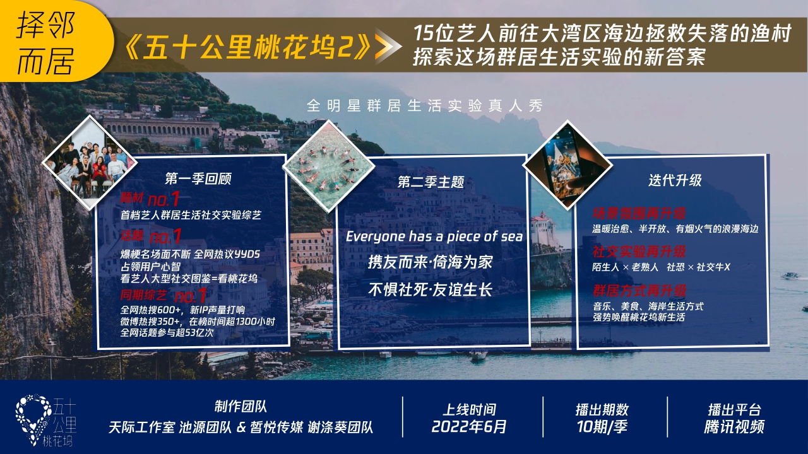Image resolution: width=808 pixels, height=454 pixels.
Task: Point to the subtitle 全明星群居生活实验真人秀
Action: click(424, 105)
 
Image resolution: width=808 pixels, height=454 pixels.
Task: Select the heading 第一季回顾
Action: click(198, 178)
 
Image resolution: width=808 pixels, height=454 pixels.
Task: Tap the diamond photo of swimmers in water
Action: click(324, 166)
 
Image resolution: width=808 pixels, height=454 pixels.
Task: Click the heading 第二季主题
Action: click(431, 182)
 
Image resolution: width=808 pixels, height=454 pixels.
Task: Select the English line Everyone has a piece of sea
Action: click(434, 236)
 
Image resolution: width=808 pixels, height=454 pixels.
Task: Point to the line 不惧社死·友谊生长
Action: click(430, 290)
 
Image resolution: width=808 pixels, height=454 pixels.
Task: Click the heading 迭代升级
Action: click(675, 180)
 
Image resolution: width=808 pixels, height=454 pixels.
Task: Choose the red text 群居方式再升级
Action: click(639, 291)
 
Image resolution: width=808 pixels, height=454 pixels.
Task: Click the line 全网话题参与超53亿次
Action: click(167, 332)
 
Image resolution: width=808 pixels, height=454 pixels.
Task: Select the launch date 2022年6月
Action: click(469, 427)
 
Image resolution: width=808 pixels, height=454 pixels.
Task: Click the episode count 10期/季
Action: click(602, 427)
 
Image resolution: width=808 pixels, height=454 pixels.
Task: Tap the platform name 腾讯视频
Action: click(734, 427)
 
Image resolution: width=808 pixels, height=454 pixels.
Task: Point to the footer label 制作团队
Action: click(241, 407)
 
